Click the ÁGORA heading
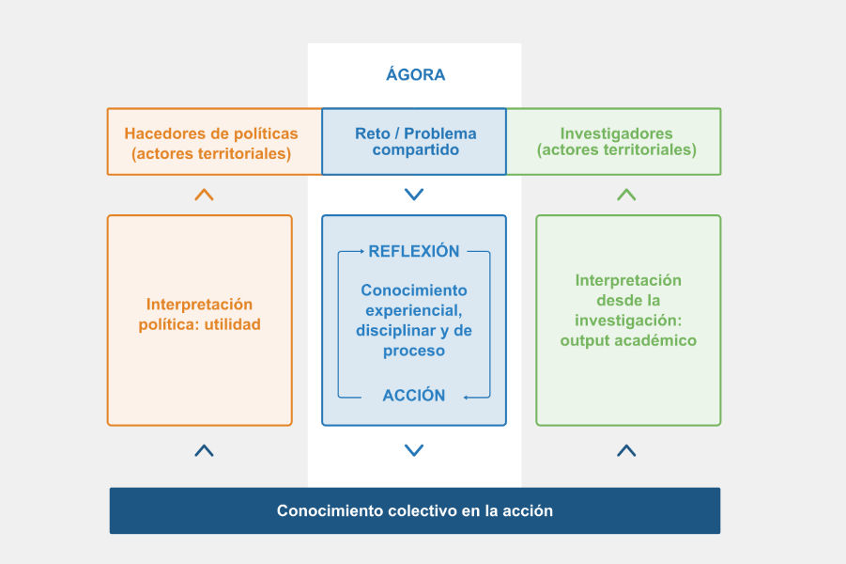pyautogui.click(x=415, y=75)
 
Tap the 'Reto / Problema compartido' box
pyautogui.click(x=414, y=142)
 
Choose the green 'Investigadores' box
pyautogui.click(x=616, y=142)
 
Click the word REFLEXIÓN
pyautogui.click(x=414, y=252)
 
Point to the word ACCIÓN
pyautogui.click(x=414, y=396)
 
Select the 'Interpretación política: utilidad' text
pyautogui.click(x=199, y=314)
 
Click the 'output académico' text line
pyautogui.click(x=628, y=340)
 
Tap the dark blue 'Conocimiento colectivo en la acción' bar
pyautogui.click(x=414, y=511)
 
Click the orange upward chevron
pyautogui.click(x=204, y=195)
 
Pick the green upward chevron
pyautogui.click(x=626, y=195)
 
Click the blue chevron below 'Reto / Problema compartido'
pyautogui.click(x=414, y=195)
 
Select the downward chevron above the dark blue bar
pyautogui.click(x=414, y=450)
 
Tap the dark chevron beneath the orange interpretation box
pyautogui.click(x=204, y=450)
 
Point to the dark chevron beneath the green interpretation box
pyautogui.click(x=626, y=450)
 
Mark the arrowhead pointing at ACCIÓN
pyautogui.click(x=466, y=398)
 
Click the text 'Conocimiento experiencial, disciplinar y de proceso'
pyautogui.click(x=414, y=321)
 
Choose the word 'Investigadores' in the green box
pyautogui.click(x=616, y=133)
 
